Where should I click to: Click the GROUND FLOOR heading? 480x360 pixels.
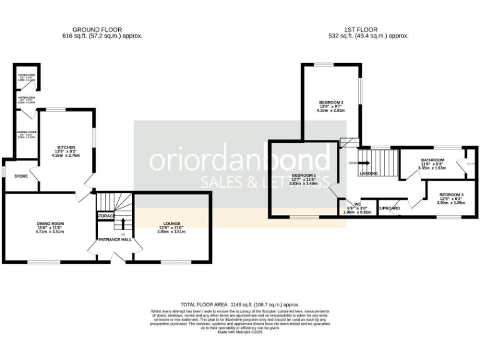(x=97, y=29)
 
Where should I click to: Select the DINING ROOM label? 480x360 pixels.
(x=51, y=223)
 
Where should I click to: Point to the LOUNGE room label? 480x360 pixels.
(x=172, y=223)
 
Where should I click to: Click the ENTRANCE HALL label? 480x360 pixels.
(x=114, y=239)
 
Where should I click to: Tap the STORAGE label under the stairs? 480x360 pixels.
(x=106, y=216)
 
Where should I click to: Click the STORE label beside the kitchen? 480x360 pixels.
(x=21, y=176)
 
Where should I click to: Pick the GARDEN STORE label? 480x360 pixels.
(x=26, y=132)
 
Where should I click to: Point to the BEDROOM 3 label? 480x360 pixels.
(x=451, y=194)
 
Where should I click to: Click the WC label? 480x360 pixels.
(x=357, y=204)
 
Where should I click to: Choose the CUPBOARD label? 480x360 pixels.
(x=389, y=207)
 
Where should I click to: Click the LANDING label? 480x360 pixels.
(x=369, y=173)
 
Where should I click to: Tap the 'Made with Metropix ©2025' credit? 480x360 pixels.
(x=240, y=332)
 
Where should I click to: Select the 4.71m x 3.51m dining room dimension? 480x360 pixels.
(x=51, y=232)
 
